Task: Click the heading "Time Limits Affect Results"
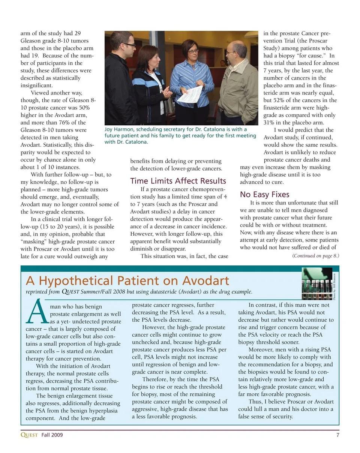tap(178, 181)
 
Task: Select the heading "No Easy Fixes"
tap(265, 194)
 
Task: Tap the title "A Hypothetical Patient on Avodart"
tap(127, 280)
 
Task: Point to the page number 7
tap(337, 435)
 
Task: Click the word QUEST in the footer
tap(29, 435)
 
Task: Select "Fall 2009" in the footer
tap(52, 435)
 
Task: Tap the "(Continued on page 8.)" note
tap(315, 256)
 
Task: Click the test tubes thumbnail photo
tap(316, 283)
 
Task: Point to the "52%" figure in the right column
tap(276, 100)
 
